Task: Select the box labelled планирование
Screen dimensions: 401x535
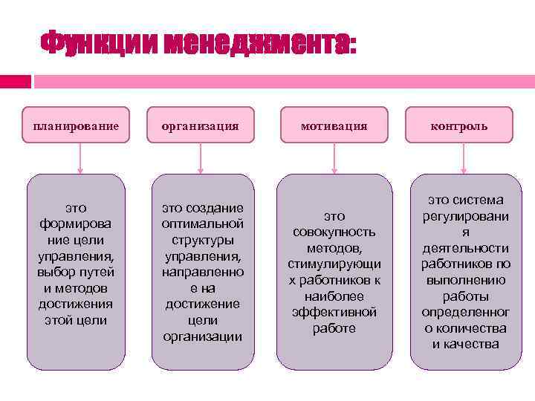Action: tap(76, 125)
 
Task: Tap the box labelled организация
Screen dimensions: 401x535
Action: tap(201, 125)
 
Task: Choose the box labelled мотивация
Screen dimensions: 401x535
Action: tap(334, 125)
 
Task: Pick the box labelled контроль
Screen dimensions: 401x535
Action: tap(460, 125)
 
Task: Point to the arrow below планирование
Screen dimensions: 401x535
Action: tap(80, 158)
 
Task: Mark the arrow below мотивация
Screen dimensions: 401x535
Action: tap(334, 158)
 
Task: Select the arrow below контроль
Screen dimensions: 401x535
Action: tap(464, 158)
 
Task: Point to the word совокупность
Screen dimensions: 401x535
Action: tap(334, 232)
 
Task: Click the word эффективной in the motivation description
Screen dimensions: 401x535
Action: tap(334, 312)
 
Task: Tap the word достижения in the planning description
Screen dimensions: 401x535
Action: tap(76, 304)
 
